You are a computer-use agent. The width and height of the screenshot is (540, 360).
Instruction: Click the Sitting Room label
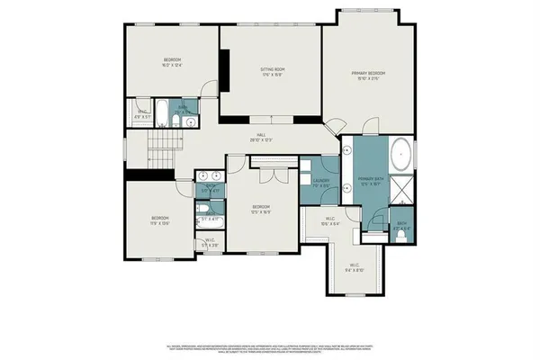click(x=272, y=71)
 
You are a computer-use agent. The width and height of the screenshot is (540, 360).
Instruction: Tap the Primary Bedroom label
click(x=370, y=74)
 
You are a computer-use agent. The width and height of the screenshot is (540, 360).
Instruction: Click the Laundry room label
click(x=322, y=181)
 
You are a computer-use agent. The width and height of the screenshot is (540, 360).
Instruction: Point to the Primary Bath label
click(x=371, y=181)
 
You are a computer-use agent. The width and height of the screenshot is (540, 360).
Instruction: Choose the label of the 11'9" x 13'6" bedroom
click(x=161, y=220)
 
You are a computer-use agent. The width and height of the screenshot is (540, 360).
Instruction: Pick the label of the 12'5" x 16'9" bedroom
click(x=261, y=209)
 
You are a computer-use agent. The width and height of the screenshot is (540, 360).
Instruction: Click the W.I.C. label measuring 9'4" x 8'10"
click(x=355, y=266)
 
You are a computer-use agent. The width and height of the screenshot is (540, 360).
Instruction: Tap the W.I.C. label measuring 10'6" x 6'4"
click(x=329, y=221)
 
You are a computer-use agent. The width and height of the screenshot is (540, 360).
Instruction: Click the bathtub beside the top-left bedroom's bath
click(x=160, y=114)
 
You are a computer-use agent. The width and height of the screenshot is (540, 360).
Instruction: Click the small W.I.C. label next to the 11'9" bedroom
click(x=209, y=241)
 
